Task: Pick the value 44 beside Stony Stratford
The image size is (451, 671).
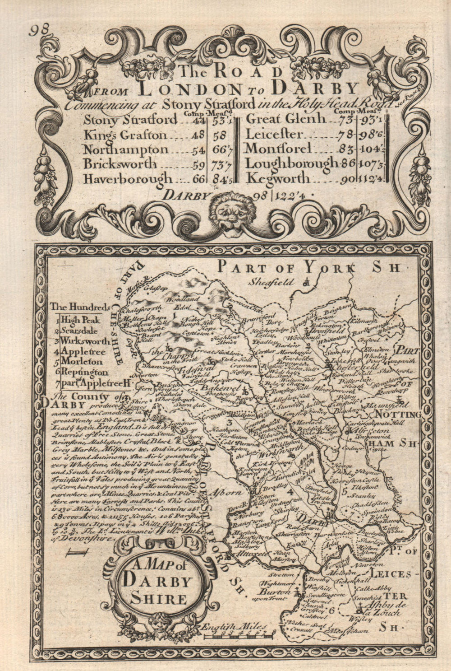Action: point(198,120)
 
